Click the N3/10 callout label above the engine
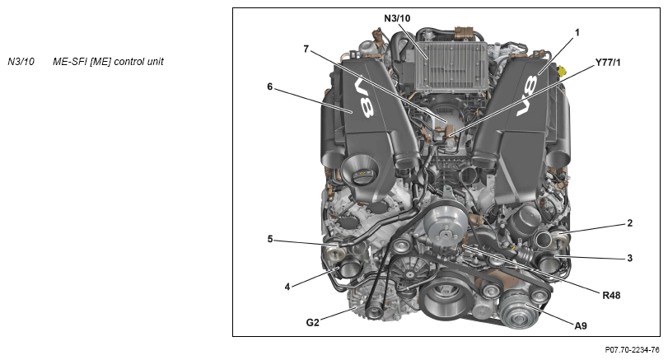pos(397,18)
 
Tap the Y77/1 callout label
pos(608,63)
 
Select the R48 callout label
pos(611,295)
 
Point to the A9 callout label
pos(581,326)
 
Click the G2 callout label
pos(312,322)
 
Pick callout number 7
pos(306,49)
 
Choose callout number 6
pos(269,86)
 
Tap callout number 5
pos(270,239)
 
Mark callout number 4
pos(287,288)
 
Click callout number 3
pos(629,258)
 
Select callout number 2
pos(629,222)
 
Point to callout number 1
pos(577,32)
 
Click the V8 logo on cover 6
pos(365,96)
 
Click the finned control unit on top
pos(451,65)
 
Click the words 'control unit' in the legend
pos(139,61)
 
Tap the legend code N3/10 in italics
pos(21,61)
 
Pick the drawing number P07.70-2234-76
pos(633,350)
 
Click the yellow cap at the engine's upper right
pos(562,70)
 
